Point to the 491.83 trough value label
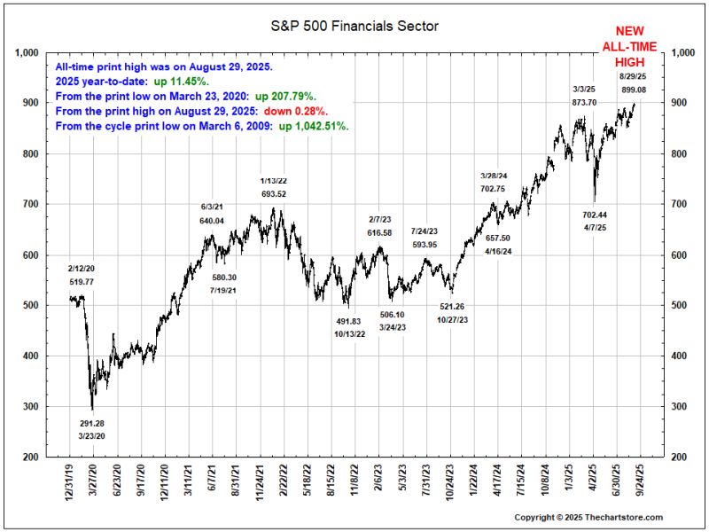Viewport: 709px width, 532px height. (x=349, y=321)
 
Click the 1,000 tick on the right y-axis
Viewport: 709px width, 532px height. (x=688, y=52)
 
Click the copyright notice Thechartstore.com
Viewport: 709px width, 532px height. (x=588, y=517)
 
